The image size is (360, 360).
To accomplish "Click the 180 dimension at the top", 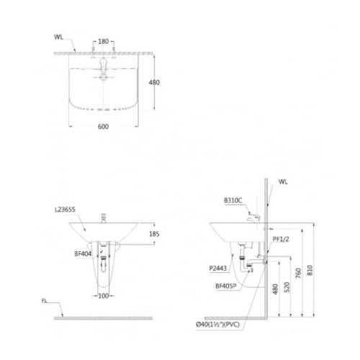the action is (103, 42).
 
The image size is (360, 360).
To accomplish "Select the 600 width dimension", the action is (103, 127).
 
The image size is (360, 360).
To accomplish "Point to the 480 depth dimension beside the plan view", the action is (154, 83).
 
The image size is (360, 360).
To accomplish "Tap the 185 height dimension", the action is (154, 234).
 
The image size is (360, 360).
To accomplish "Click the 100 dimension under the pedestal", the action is (104, 296).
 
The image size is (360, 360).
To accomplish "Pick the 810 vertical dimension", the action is (310, 270).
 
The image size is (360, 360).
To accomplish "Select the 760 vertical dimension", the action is (298, 273).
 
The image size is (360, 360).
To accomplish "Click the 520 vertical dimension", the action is (287, 287).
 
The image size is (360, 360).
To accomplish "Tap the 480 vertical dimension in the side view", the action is (275, 289).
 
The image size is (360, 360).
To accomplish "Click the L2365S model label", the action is (65, 210).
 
